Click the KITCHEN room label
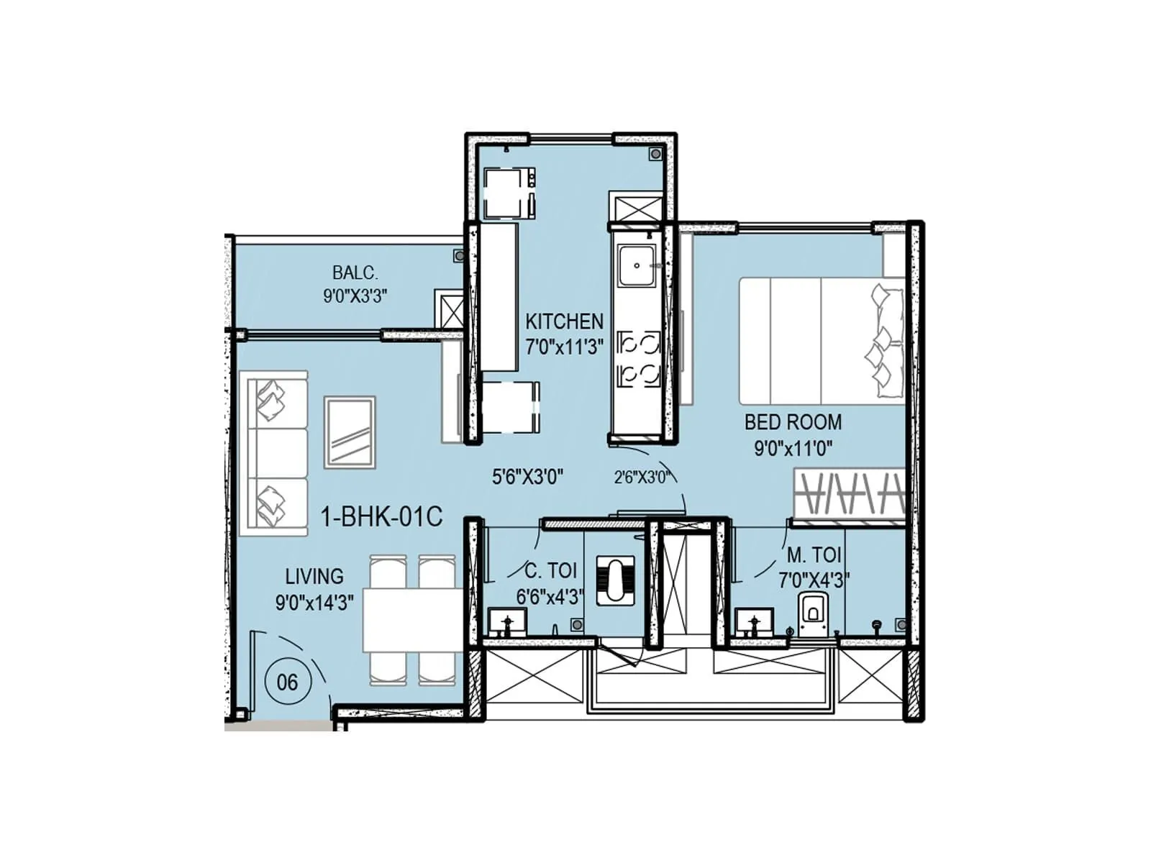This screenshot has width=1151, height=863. pos(564,321)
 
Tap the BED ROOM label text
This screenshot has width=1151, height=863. pos(793,422)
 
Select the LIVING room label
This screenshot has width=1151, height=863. pos(314,576)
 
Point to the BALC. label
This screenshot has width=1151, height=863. pos(355,273)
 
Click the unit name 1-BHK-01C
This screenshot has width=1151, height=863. pos(381,516)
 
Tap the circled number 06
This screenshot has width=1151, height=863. pos(287,681)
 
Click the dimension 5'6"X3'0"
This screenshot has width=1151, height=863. pos(527,476)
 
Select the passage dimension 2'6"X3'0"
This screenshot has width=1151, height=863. pos(642,477)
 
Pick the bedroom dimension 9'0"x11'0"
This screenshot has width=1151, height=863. pos(793,449)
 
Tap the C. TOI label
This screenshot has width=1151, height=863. pos(550,571)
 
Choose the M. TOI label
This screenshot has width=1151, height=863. pos(814,555)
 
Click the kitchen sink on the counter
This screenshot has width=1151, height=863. pos(637,265)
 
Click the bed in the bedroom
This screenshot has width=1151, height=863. pos(822,341)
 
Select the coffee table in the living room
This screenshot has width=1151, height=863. pos(350,432)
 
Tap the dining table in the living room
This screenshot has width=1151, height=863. pos(411,619)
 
